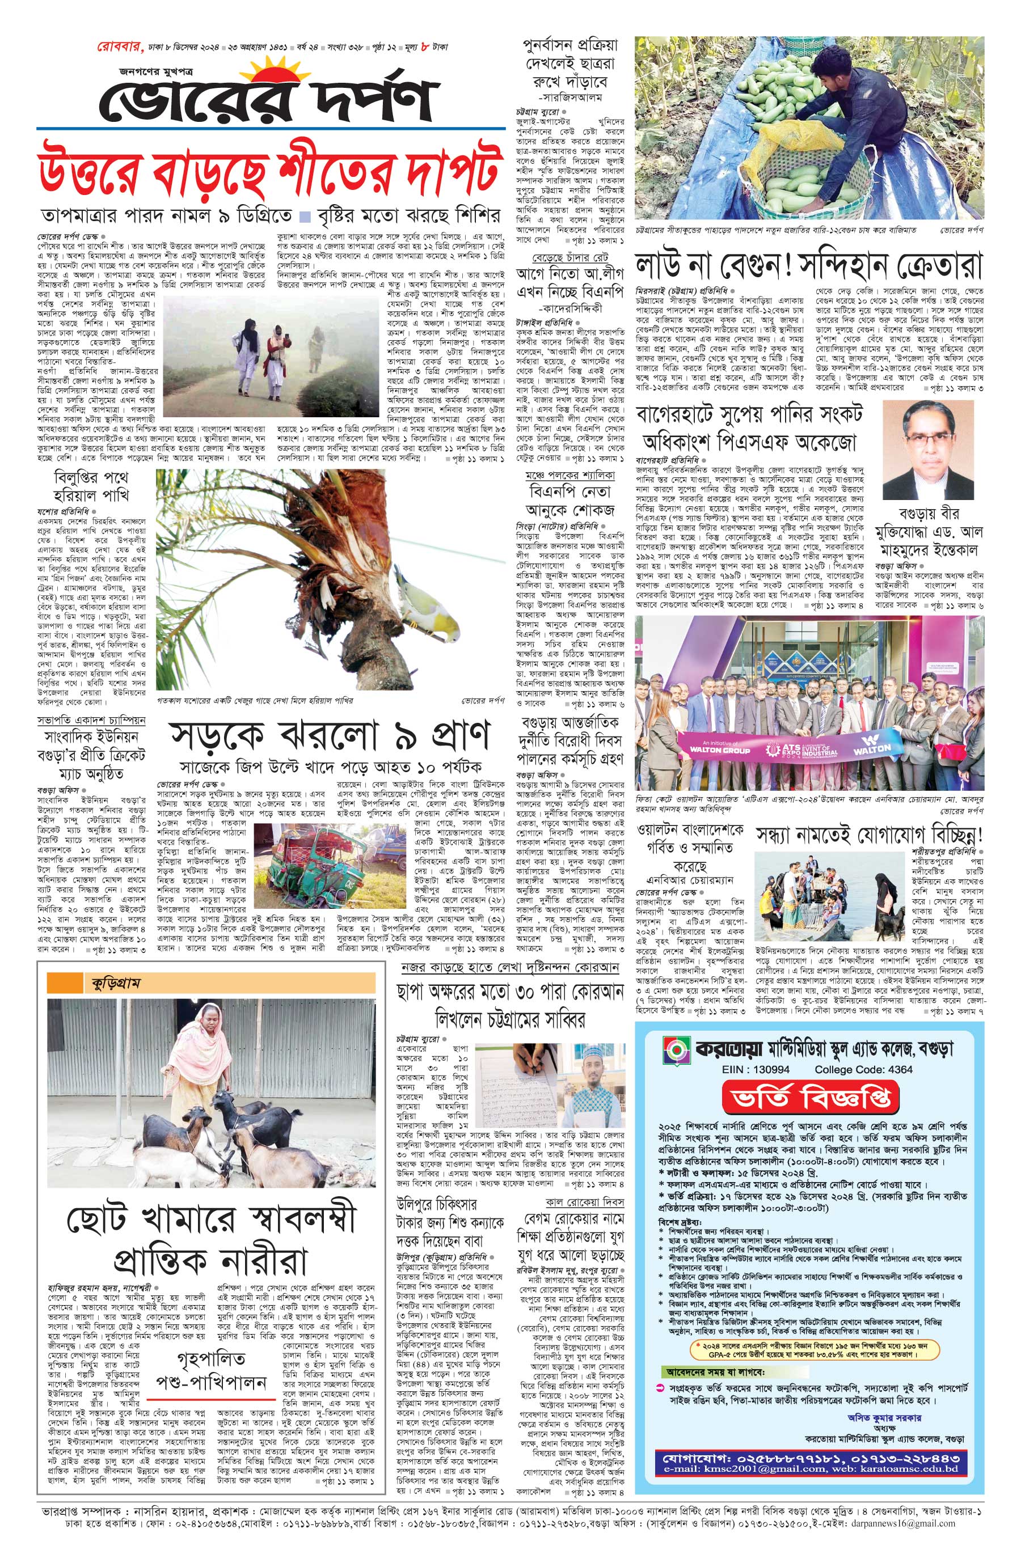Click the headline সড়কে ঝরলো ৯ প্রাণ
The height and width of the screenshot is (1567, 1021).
330,737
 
